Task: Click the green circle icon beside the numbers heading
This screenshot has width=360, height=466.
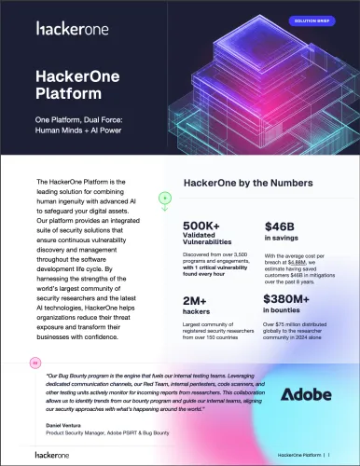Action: coord(163,199)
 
